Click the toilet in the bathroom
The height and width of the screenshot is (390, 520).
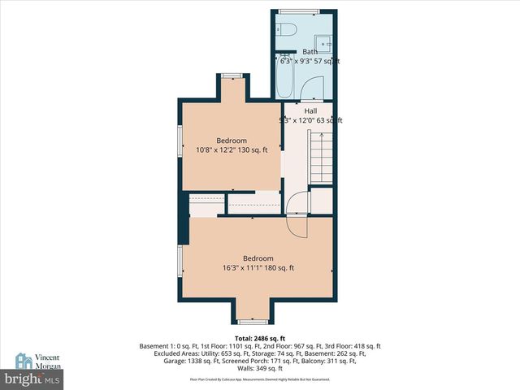(x=284, y=29)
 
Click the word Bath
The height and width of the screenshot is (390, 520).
(x=310, y=51)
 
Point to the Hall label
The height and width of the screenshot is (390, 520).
(x=310, y=111)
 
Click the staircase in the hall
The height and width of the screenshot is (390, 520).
(x=322, y=158)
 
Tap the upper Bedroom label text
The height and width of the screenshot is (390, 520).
(x=231, y=141)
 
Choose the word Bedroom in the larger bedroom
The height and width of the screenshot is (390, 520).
(x=258, y=258)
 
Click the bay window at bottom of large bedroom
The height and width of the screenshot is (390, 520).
(x=257, y=320)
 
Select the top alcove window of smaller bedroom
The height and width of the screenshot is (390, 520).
(x=232, y=76)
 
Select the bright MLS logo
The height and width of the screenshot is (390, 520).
(x=32, y=379)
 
